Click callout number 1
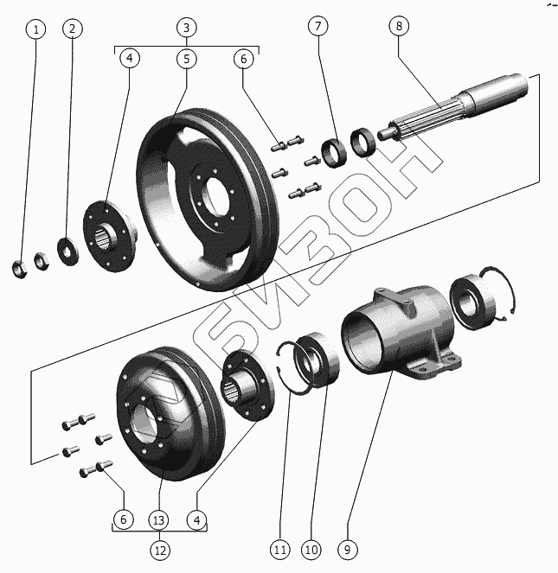tap(35, 29)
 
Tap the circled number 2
tap(73, 29)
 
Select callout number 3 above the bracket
tap(184, 28)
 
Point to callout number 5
tap(184, 59)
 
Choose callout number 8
tap(399, 28)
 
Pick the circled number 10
tap(311, 548)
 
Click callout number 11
tap(279, 548)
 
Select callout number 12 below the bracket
tap(159, 549)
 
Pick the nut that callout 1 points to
tap(19, 268)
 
